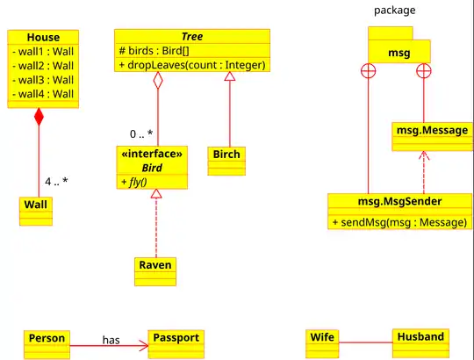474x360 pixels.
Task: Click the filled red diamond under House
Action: pyautogui.click(x=39, y=117)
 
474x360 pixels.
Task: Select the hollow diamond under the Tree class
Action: pyautogui.click(x=158, y=81)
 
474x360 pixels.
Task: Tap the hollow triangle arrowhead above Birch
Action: pyautogui.click(x=230, y=76)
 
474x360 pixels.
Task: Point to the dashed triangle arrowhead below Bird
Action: pyautogui.click(x=156, y=194)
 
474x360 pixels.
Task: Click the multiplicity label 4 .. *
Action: pyautogui.click(x=56, y=182)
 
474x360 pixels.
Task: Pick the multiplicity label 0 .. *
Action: pyautogui.click(x=141, y=134)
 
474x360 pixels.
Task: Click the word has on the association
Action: pyautogui.click(x=111, y=340)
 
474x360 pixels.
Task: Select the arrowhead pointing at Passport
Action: pyautogui.click(x=144, y=345)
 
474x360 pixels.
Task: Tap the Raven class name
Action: pyautogui.click(x=155, y=265)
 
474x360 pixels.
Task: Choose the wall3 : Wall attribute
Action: pyautogui.click(x=43, y=80)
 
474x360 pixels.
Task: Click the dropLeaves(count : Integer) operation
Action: pyautogui.click(x=192, y=65)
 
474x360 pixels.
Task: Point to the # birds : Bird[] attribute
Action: pyautogui.click(x=154, y=50)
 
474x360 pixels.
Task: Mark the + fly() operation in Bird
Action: pyautogui.click(x=134, y=182)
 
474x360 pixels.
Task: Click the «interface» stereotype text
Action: pyautogui.click(x=152, y=154)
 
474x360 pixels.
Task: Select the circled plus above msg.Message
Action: pyautogui.click(x=424, y=71)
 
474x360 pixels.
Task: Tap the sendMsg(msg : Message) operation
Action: pyautogui.click(x=399, y=222)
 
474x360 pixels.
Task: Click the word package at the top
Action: pyautogui.click(x=394, y=11)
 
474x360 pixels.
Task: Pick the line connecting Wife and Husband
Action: pyautogui.click(x=365, y=342)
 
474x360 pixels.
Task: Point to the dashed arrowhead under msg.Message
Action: pyautogui.click(x=424, y=155)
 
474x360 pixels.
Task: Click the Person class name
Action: pyautogui.click(x=47, y=338)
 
